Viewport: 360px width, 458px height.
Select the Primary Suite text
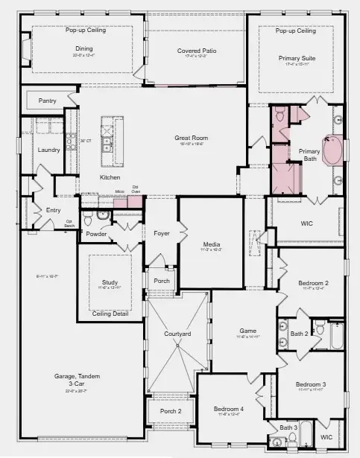(297, 58)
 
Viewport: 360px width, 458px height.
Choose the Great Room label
(191, 138)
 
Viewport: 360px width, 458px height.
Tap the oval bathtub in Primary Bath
(332, 153)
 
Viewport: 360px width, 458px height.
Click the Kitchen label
(110, 177)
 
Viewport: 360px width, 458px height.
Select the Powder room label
(95, 234)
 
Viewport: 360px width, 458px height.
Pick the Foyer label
(162, 233)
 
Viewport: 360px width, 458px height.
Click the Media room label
(211, 244)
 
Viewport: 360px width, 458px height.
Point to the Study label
(110, 283)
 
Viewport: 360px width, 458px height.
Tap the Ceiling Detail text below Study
(110, 314)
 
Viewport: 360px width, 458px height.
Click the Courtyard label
(177, 334)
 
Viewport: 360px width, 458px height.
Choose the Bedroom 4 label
(228, 410)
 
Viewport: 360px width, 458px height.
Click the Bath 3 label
(288, 427)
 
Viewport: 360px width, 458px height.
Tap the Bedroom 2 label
(314, 283)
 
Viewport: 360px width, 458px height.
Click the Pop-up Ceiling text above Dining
(86, 31)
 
